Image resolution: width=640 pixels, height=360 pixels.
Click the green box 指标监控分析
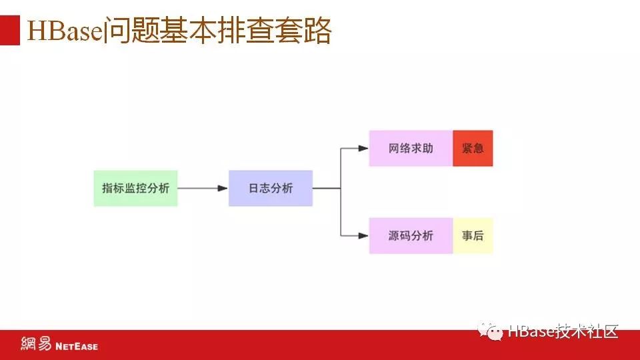click(135, 188)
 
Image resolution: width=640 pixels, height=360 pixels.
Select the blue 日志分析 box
click(270, 188)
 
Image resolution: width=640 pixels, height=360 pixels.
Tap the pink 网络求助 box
click(411, 148)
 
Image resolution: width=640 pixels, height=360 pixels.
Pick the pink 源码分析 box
click(411, 235)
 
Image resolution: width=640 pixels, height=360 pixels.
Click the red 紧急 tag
click(473, 148)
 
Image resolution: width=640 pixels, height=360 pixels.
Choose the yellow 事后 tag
click(473, 235)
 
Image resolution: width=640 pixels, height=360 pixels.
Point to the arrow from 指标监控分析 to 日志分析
click(203, 188)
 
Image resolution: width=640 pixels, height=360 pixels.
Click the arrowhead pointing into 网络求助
click(363, 148)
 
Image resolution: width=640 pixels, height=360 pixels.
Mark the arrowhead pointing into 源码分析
click(363, 235)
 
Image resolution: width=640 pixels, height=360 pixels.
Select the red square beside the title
click(10, 31)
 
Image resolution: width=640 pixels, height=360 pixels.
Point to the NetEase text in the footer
click(76, 346)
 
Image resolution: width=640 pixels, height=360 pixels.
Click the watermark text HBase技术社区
click(563, 331)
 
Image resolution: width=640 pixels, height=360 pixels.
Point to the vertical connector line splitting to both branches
click(341, 192)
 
